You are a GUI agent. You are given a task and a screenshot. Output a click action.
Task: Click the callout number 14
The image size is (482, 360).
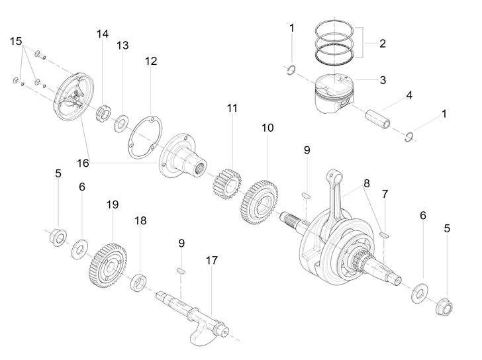103,34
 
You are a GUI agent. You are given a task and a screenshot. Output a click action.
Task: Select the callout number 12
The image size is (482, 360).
151,61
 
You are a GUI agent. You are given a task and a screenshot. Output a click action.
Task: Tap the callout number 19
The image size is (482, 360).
113,204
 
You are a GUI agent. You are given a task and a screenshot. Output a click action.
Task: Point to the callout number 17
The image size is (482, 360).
211,261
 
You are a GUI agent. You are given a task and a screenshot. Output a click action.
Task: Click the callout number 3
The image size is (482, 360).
383,80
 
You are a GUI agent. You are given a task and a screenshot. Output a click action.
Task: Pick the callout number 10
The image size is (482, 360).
267,128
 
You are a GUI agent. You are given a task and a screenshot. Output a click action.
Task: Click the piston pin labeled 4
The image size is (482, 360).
378,119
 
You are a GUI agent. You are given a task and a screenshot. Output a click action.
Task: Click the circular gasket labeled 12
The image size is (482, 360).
145,137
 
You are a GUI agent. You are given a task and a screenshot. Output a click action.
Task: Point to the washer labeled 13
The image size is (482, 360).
121,123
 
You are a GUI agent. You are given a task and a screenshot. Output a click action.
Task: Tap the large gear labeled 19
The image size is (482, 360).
109,266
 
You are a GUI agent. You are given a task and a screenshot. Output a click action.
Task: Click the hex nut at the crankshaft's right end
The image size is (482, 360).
444,306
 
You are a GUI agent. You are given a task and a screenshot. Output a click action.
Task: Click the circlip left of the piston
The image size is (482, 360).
291,70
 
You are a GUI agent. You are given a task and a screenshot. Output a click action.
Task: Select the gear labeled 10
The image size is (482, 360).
259,202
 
